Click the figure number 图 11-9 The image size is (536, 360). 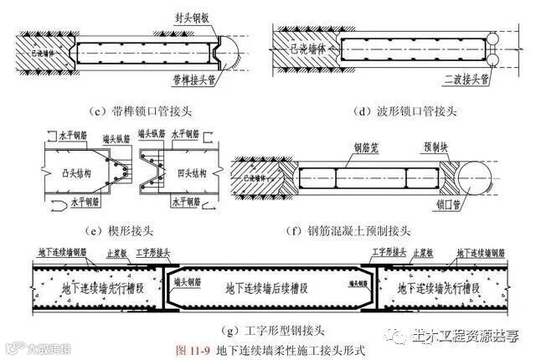pyautogui.click(x=193, y=348)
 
